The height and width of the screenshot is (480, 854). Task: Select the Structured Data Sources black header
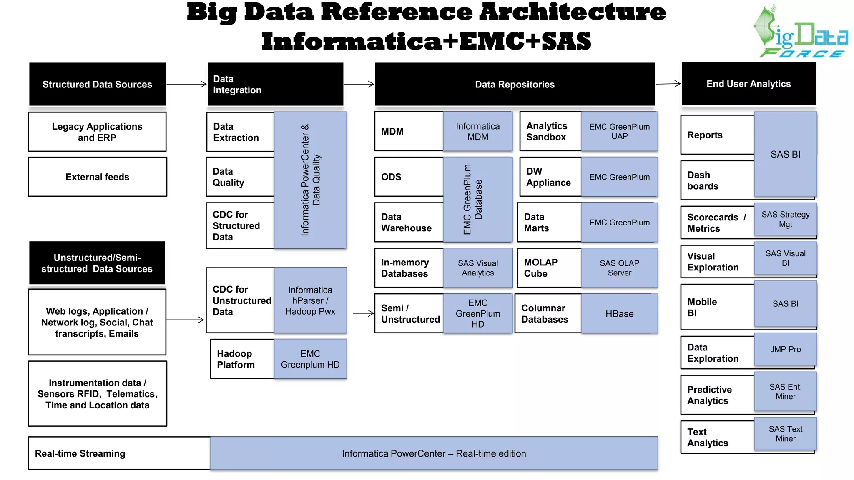tap(97, 84)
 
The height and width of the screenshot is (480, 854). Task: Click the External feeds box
tap(97, 177)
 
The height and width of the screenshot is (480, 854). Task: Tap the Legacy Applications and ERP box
tap(97, 132)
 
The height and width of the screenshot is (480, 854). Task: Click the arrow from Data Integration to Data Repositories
tap(359, 84)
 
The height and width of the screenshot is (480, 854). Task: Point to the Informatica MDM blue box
tap(477, 131)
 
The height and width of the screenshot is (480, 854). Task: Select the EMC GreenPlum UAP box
tap(619, 131)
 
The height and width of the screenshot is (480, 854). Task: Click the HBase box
tap(619, 313)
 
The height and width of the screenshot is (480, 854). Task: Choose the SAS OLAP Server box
tap(619, 268)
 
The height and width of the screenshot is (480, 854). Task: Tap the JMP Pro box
tap(785, 349)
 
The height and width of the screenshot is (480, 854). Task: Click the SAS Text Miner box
tap(785, 434)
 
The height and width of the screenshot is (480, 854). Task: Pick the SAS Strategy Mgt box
tap(785, 219)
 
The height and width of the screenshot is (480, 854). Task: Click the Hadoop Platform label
tap(236, 359)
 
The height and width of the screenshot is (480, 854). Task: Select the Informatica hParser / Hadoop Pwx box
tap(310, 300)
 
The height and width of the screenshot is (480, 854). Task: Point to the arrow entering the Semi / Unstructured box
tap(363, 313)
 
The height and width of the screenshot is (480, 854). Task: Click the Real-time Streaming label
tap(80, 453)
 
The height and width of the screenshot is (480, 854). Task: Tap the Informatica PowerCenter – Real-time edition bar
tap(434, 453)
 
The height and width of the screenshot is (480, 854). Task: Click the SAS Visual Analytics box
tap(477, 268)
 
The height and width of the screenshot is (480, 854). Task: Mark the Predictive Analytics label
tap(710, 395)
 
